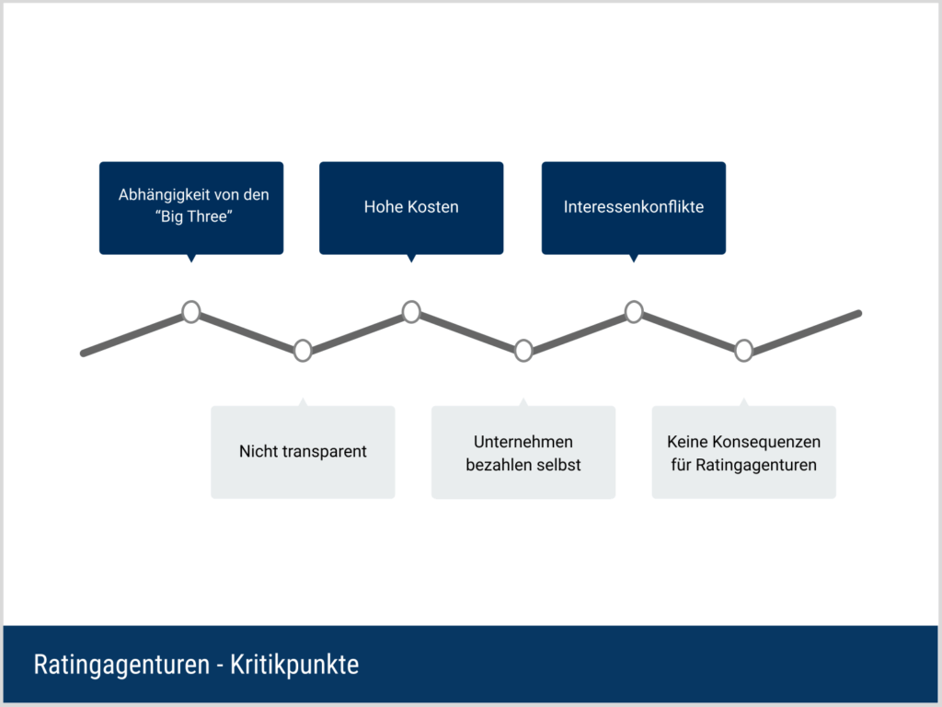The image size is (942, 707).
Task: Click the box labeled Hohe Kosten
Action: pyautogui.click(x=411, y=207)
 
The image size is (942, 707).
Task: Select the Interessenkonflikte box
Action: pyautogui.click(x=633, y=207)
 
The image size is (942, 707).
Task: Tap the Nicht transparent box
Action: pyautogui.click(x=303, y=451)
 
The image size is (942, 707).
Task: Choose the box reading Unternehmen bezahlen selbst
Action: pyautogui.click(x=523, y=451)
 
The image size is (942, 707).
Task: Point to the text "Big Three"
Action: pyautogui.click(x=193, y=216)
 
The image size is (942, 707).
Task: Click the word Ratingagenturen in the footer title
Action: pyautogui.click(x=121, y=665)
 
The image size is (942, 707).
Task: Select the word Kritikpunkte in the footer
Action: pyautogui.click(x=294, y=665)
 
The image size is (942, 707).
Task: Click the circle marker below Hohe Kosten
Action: pyautogui.click(x=411, y=312)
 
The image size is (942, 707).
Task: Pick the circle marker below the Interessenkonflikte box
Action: pyautogui.click(x=634, y=312)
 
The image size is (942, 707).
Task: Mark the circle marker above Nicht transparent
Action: pyautogui.click(x=303, y=351)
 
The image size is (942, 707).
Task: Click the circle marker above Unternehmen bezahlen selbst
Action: pyautogui.click(x=523, y=351)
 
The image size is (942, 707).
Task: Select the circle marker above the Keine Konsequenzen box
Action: pyautogui.click(x=743, y=351)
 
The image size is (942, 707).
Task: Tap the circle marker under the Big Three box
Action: pyautogui.click(x=191, y=312)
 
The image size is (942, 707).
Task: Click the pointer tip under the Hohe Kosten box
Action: pyautogui.click(x=411, y=262)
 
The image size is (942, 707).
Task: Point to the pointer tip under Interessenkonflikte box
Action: pyautogui.click(x=634, y=262)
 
